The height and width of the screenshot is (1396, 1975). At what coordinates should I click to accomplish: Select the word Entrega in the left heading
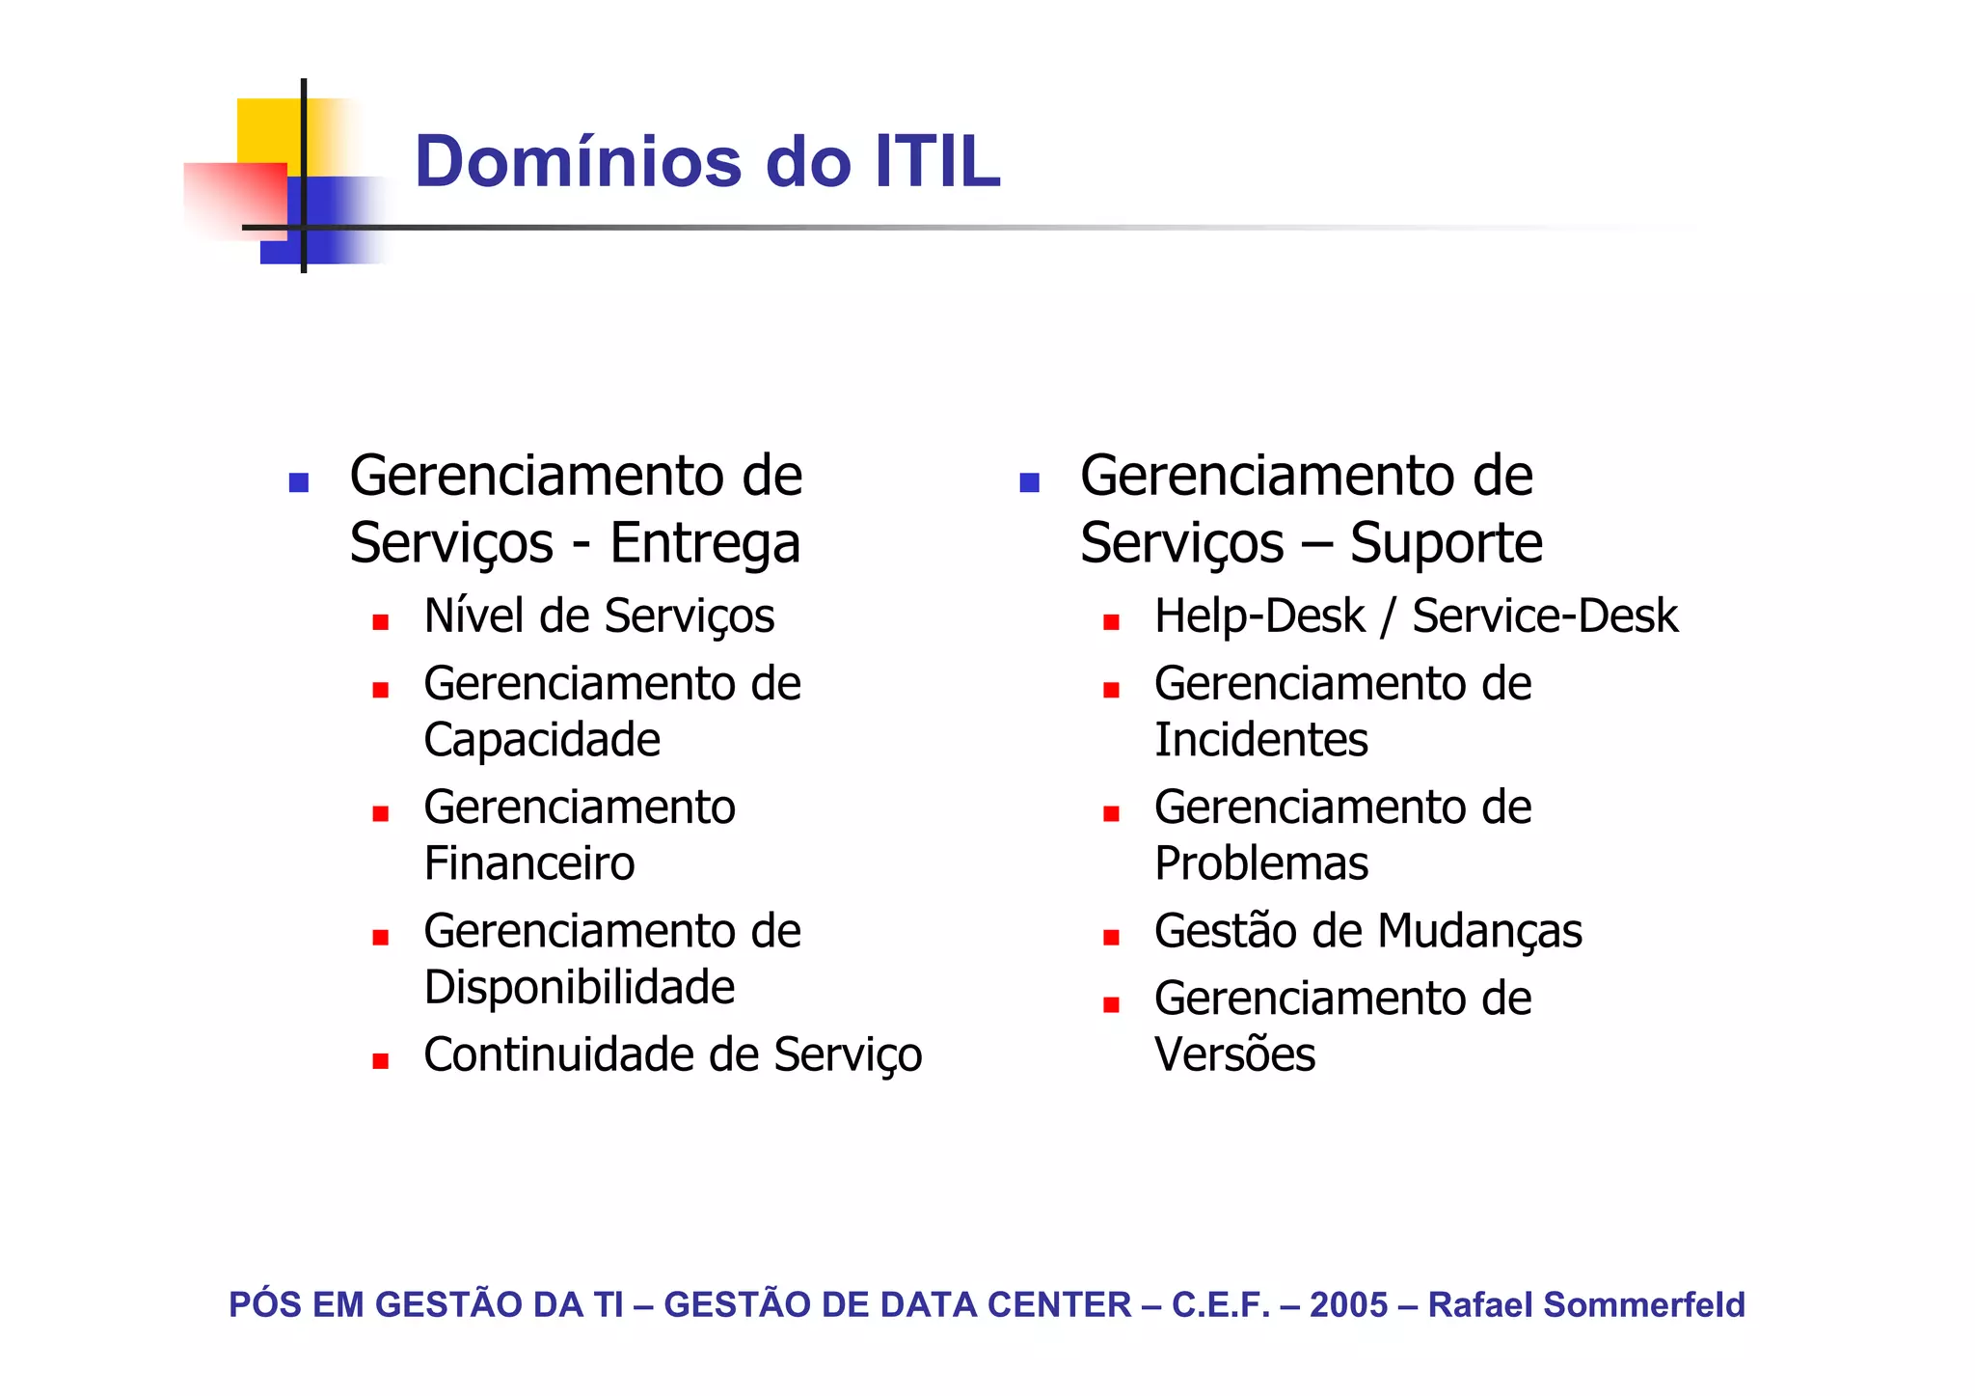pos(705,543)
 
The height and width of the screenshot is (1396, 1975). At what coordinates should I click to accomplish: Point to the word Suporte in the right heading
pos(1446,543)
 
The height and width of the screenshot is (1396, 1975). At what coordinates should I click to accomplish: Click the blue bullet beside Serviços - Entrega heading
pos(299,482)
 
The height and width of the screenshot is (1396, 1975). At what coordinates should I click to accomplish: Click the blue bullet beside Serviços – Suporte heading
pos(1029,482)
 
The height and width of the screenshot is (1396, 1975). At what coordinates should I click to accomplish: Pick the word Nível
pos(474,616)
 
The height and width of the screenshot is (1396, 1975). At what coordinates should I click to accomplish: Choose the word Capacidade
pos(542,740)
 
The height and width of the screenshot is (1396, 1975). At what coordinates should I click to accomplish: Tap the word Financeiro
pos(529,863)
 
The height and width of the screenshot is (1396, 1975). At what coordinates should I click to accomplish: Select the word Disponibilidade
pos(580,987)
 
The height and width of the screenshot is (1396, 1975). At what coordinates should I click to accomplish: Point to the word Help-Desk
pos(1259,616)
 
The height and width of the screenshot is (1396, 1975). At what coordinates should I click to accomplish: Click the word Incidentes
pos(1261,740)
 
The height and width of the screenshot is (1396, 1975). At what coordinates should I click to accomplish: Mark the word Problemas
pos(1261,863)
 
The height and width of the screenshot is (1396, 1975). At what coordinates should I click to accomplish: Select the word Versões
pos(1234,1054)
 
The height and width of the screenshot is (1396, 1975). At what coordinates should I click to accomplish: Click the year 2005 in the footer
pos(1348,1304)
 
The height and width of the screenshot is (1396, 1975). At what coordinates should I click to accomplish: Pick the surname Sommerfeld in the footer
pos(1643,1304)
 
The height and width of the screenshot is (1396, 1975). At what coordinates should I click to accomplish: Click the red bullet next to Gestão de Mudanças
pos(1111,937)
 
